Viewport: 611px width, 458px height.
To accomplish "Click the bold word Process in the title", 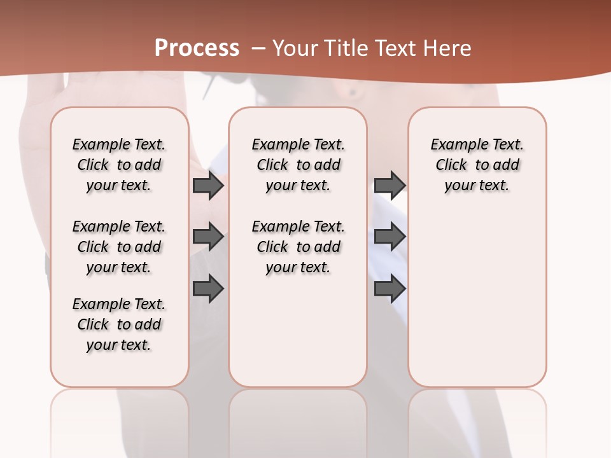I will point(197,48).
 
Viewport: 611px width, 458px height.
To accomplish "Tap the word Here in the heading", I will point(448,48).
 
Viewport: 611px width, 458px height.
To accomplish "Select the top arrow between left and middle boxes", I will point(208,185).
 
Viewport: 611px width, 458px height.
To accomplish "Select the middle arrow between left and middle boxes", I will point(208,237).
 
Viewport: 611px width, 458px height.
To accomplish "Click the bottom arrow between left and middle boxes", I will point(208,289).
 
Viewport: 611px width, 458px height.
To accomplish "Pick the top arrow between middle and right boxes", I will point(390,185).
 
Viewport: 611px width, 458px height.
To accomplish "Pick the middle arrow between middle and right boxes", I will point(390,237).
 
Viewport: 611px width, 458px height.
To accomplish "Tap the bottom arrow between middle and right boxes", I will point(390,289).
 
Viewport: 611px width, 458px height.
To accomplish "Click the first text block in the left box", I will point(119,165).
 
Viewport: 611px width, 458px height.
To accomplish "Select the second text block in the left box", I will point(119,247).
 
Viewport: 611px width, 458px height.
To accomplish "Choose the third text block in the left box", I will point(119,324).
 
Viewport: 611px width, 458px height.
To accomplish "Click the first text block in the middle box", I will point(298,165).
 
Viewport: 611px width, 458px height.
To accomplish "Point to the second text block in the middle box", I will point(298,247).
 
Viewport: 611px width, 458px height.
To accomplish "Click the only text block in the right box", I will point(477,165).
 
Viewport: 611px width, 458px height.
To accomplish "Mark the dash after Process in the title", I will point(258,48).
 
